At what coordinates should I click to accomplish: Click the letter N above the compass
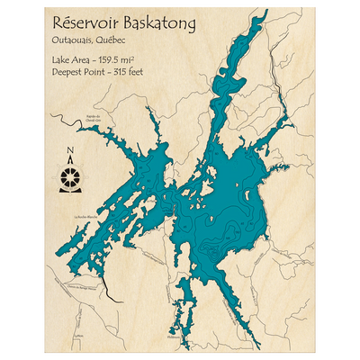click(68, 152)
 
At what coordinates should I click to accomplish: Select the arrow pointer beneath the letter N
click(68, 162)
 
